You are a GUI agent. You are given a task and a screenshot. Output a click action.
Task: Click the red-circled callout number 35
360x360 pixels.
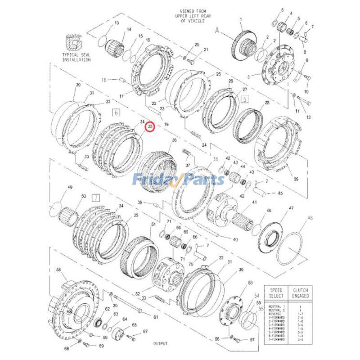point(151,127)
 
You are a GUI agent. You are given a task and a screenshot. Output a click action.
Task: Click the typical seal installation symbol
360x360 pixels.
point(73,42)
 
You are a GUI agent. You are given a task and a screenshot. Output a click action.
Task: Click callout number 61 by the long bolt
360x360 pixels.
point(156,317)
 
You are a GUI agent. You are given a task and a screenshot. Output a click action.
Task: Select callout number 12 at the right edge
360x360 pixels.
point(309,117)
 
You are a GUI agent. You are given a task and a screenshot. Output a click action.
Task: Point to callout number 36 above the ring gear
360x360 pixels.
point(174,141)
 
